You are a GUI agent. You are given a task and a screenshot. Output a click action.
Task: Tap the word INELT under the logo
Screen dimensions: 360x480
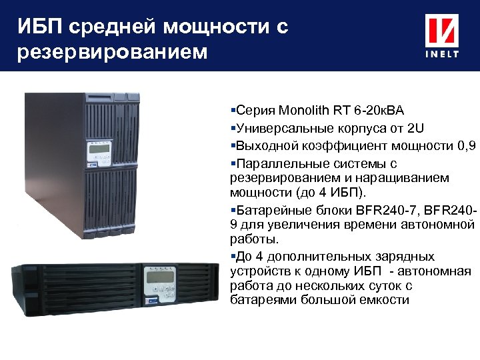tap(442, 55)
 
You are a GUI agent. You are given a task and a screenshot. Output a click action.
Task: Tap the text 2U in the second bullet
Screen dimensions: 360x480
tap(419, 128)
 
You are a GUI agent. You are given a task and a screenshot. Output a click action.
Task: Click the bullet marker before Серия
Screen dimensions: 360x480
tap(232, 110)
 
